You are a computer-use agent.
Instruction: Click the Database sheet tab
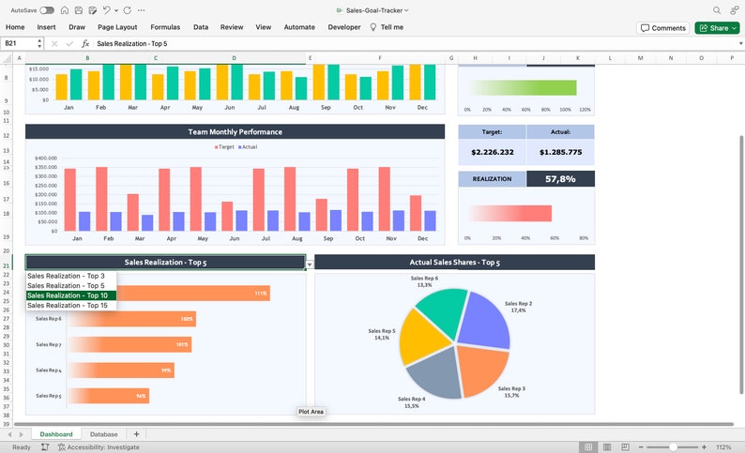pos(103,434)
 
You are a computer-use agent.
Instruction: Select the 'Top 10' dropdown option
pos(70,295)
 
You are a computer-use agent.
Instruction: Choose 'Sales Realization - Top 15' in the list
pos(70,306)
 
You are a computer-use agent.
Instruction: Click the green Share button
pos(716,28)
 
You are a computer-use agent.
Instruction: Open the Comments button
pos(662,28)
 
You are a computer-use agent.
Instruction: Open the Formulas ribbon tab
pos(165,27)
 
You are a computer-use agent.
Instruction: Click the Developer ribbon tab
pos(344,27)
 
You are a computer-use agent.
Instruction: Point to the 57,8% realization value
pos(560,178)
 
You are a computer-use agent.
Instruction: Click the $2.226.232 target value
pos(493,152)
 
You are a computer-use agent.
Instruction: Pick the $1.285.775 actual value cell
pos(560,152)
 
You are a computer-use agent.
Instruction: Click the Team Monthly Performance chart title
pos(235,132)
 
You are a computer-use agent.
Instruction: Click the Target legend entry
pos(223,147)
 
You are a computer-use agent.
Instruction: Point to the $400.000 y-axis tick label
pos(46,159)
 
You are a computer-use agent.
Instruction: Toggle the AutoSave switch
pos(47,9)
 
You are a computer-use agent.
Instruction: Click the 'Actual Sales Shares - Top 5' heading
pos(454,263)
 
